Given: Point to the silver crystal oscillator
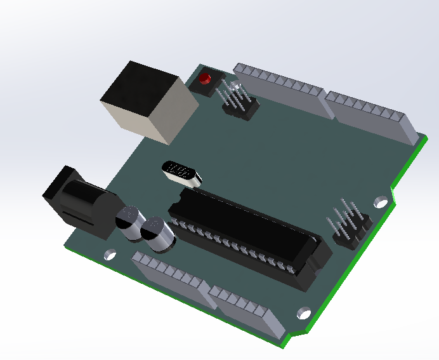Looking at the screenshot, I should (x=182, y=173).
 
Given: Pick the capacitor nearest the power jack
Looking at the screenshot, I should (x=129, y=223).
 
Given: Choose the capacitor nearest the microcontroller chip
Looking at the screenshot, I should (x=157, y=235).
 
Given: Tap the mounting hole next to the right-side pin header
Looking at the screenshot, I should (x=380, y=203).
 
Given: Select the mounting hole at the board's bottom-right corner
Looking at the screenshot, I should (x=303, y=313).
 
